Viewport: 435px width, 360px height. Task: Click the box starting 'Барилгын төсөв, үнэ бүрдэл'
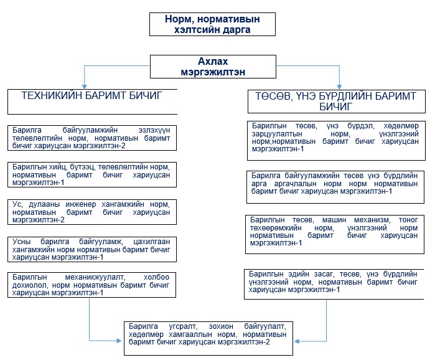pyautogui.click(x=334, y=137)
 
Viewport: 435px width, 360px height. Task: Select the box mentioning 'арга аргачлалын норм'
pyautogui.click(x=334, y=183)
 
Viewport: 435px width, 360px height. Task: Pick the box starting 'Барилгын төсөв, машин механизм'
pyautogui.click(x=334, y=231)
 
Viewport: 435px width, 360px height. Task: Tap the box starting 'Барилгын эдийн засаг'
pyautogui.click(x=334, y=282)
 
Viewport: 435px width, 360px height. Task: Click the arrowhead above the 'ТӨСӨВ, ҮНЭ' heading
pyautogui.click(x=339, y=85)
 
